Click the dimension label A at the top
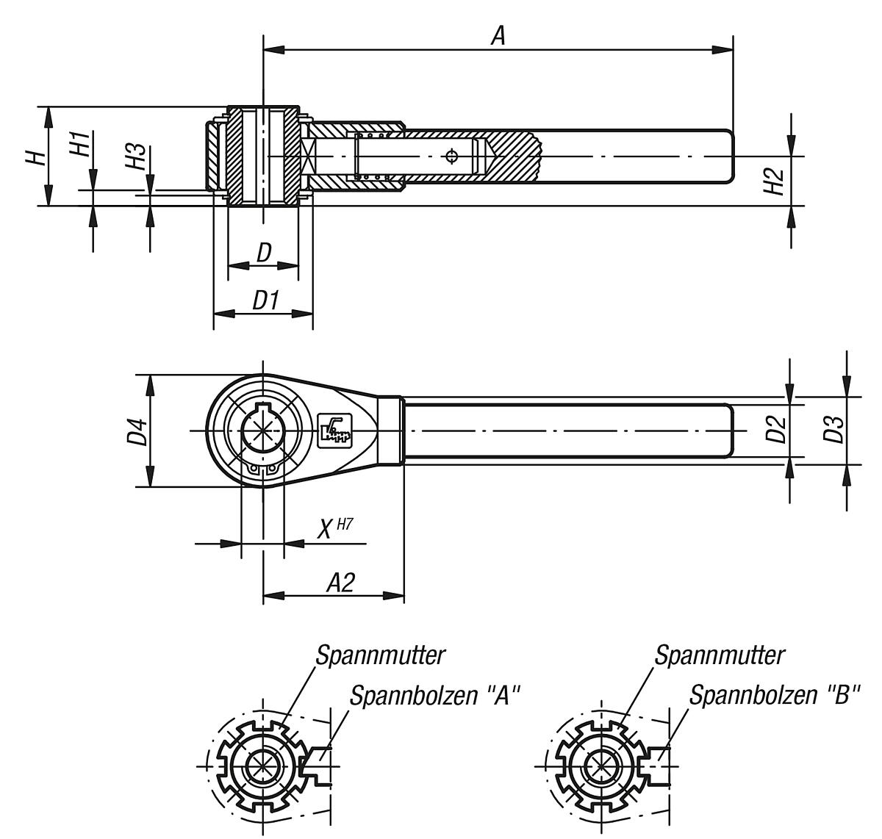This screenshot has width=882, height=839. click(x=498, y=36)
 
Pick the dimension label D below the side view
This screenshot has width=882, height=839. click(x=263, y=252)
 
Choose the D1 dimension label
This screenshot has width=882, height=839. click(x=265, y=300)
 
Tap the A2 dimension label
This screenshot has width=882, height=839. click(x=340, y=583)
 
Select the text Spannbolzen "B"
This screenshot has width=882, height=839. click(x=774, y=695)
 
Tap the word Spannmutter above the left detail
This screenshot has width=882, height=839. click(x=381, y=655)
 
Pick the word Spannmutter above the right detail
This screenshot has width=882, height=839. click(x=720, y=655)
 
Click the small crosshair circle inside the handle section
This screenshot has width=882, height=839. click(x=451, y=156)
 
